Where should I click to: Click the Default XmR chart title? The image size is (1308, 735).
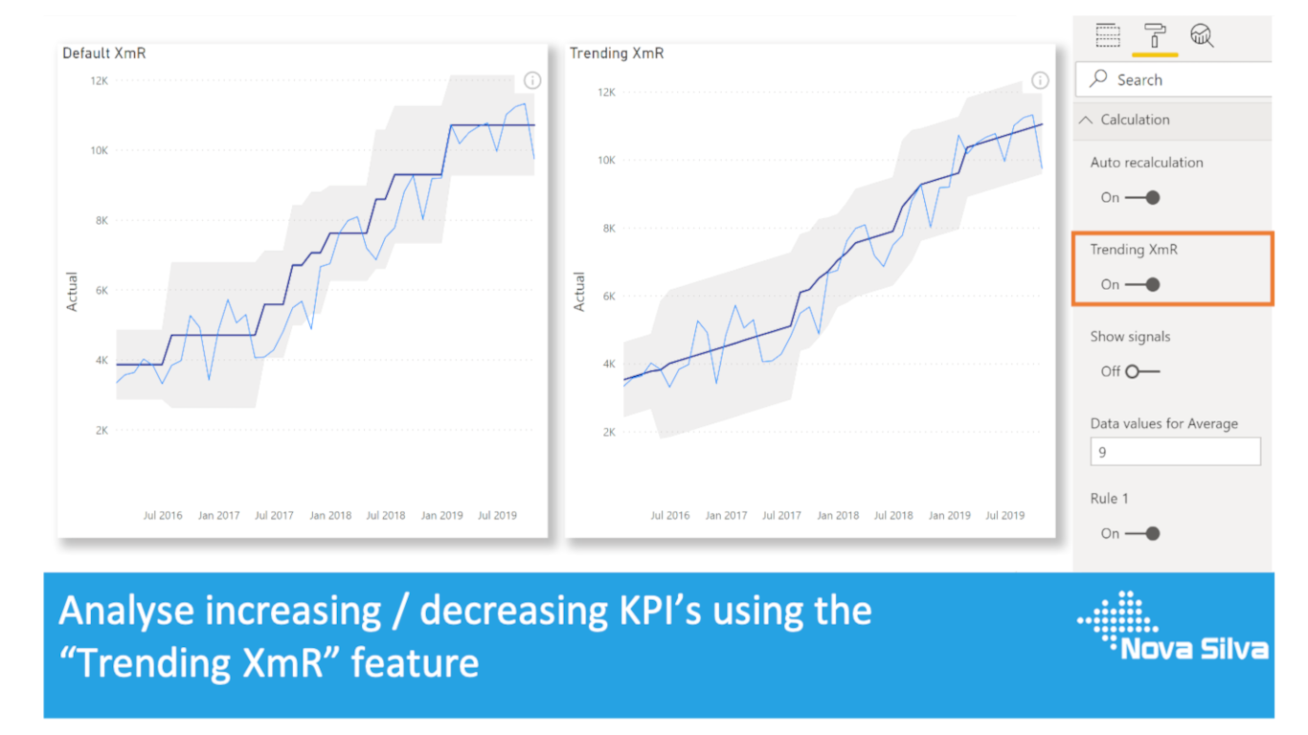tap(104, 54)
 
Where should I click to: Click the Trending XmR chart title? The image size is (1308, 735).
tap(617, 54)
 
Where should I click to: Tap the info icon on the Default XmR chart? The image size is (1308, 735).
tap(532, 80)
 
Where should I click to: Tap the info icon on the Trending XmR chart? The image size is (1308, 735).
tap(1040, 80)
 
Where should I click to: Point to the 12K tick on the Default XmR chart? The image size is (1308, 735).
tap(99, 80)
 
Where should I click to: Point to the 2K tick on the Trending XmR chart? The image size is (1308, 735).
tap(606, 432)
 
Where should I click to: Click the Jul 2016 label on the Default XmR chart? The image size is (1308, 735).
tap(163, 515)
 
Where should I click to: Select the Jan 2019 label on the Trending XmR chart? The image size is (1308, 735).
tap(950, 515)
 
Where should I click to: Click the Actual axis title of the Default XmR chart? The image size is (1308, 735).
tap(72, 292)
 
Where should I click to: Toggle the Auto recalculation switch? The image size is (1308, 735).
tap(1142, 197)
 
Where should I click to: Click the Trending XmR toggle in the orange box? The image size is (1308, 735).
tap(1142, 284)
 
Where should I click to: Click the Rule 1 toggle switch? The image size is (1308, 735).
tap(1142, 533)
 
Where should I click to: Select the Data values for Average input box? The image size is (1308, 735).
tap(1175, 452)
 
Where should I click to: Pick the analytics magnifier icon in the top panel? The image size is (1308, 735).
tap(1202, 36)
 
